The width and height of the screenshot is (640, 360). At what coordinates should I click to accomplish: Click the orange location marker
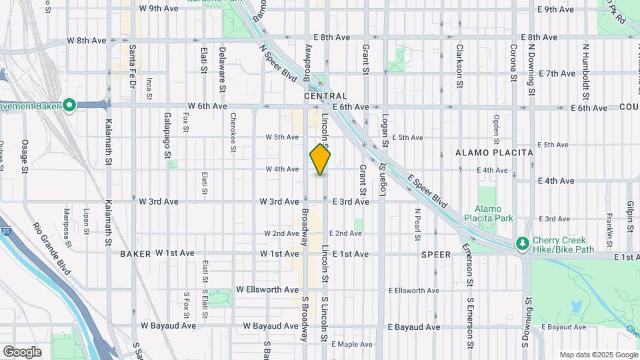click(x=321, y=159)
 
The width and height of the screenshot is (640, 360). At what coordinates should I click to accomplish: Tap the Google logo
click(x=22, y=351)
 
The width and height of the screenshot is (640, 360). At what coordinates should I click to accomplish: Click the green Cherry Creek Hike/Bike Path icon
click(x=523, y=244)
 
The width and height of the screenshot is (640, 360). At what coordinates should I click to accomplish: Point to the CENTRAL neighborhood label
click(x=325, y=97)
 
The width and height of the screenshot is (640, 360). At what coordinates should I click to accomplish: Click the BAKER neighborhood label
click(x=135, y=254)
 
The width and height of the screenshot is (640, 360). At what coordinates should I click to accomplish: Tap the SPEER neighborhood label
click(x=436, y=255)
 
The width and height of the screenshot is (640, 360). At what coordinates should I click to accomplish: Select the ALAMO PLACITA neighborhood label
click(x=494, y=153)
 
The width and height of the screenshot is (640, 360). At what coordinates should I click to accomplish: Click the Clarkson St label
click(x=459, y=66)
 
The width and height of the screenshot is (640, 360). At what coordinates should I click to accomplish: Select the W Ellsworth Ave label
click(x=267, y=290)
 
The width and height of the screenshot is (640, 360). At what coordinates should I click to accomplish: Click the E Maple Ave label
click(x=355, y=344)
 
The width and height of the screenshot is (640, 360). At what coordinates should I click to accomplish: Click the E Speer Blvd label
click(x=427, y=189)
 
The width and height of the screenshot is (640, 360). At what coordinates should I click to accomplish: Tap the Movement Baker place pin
click(x=69, y=105)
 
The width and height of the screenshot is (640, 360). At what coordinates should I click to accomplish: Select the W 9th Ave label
click(x=159, y=9)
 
